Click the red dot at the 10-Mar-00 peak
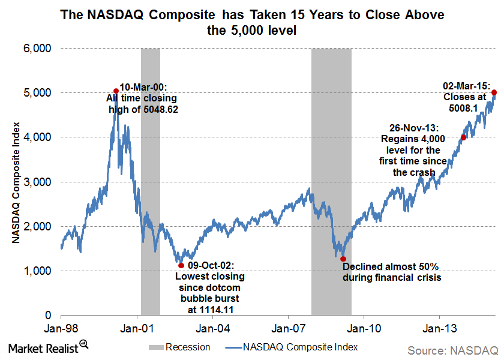(x=116, y=91)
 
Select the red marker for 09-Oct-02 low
(x=181, y=265)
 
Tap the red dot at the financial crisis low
(x=343, y=259)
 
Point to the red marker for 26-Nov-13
(x=463, y=137)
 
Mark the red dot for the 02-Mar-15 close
(x=494, y=92)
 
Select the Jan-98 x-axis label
(x=61, y=328)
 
